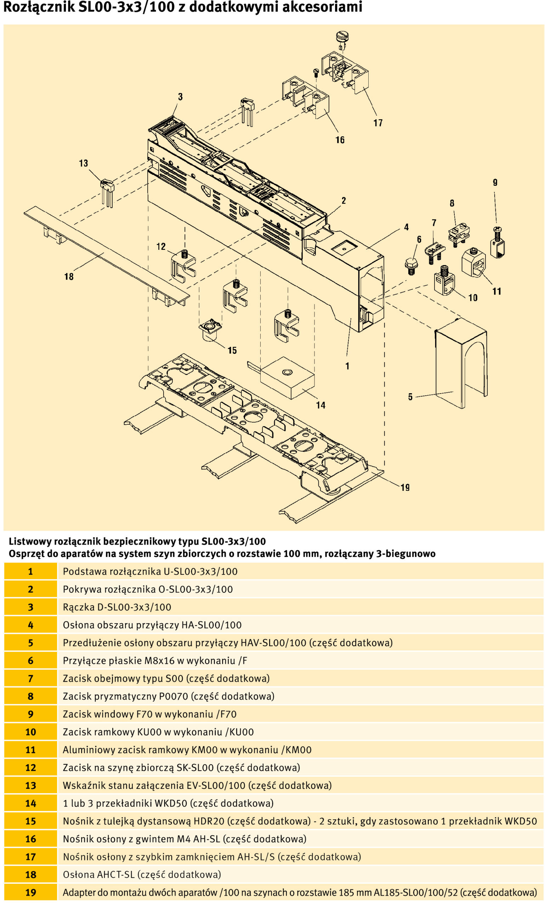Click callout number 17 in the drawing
[x=378, y=123]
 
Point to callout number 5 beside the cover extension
[x=410, y=397]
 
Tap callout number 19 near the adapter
[x=405, y=487]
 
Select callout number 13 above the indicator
[x=83, y=163]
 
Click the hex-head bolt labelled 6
[x=411, y=265]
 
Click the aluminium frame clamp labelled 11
[x=473, y=262]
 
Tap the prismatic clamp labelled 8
[x=459, y=234]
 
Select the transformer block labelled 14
[x=288, y=378]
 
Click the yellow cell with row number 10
[x=30, y=732]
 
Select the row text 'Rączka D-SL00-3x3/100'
[x=117, y=607]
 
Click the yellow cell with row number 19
[x=30, y=893]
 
